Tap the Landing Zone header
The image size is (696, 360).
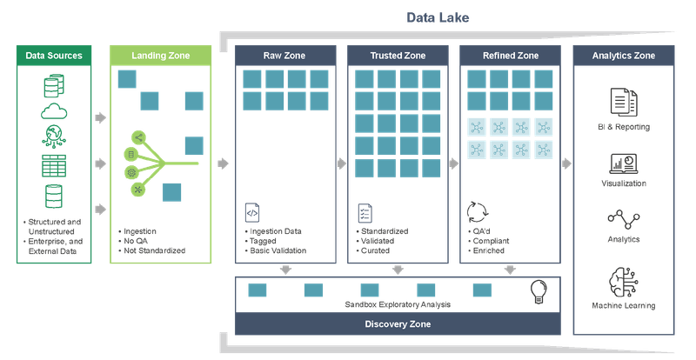click(x=159, y=56)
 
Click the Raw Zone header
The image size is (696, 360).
click(x=285, y=56)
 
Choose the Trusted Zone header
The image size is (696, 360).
click(x=398, y=56)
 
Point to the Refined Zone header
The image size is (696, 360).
click(x=510, y=56)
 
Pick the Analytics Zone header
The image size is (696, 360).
click(x=625, y=56)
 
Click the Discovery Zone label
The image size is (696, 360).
click(x=398, y=324)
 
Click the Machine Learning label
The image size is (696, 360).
click(x=625, y=306)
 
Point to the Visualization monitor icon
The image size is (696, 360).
click(x=625, y=163)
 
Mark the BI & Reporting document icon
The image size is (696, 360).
click(x=625, y=101)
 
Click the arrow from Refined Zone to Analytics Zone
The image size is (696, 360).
click(x=566, y=163)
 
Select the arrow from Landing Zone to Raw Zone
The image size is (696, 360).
click(x=224, y=163)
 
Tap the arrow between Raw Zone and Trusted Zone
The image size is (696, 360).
click(x=341, y=163)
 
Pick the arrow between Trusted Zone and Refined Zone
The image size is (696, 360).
click(x=453, y=163)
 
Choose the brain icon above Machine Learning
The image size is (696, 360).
click(x=625, y=280)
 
